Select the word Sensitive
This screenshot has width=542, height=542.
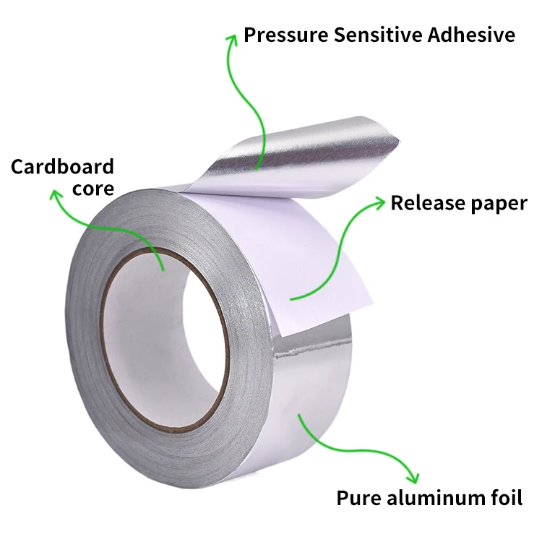tap(367, 34)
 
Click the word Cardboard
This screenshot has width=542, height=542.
tap(62, 167)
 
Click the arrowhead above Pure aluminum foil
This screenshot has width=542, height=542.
tap(413, 478)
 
